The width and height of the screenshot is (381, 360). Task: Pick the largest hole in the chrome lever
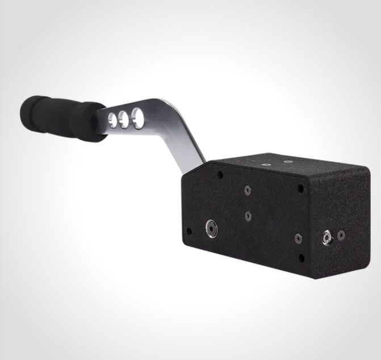coord(137,116)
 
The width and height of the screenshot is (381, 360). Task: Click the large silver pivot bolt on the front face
coord(211,228)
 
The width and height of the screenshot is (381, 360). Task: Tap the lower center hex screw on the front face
coord(248,215)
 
